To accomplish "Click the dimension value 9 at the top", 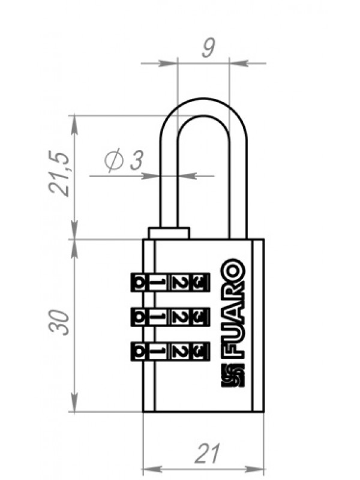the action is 208,48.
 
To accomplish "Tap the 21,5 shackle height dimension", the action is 59,173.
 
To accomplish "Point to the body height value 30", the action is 58,322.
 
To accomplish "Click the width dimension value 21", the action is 207,453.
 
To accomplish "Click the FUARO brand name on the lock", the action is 236,310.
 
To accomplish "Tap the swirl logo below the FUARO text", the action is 232,376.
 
